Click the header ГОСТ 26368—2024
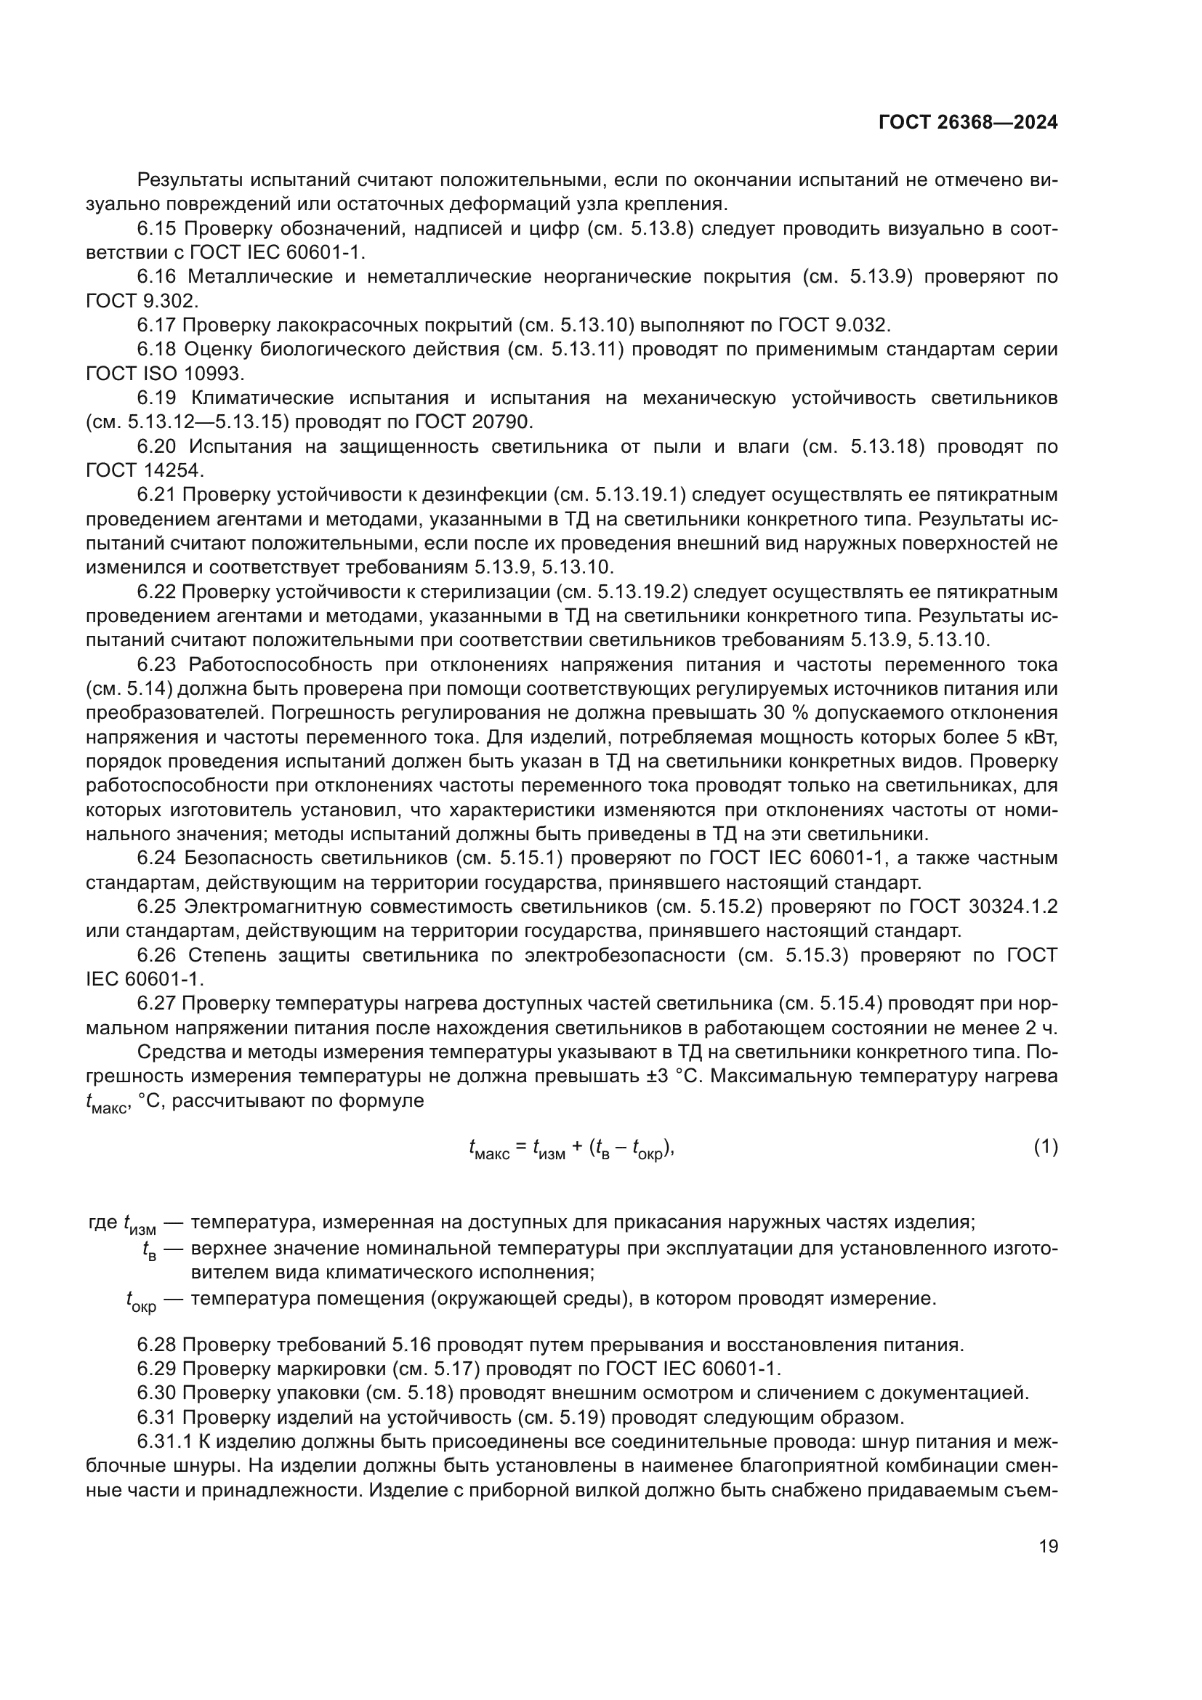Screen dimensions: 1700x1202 click(967, 123)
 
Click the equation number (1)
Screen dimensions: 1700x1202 click(1045, 1148)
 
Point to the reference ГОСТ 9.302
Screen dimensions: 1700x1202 click(142, 301)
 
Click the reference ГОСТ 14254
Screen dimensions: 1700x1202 click(145, 470)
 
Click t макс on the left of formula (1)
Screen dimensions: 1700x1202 click(488, 1149)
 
